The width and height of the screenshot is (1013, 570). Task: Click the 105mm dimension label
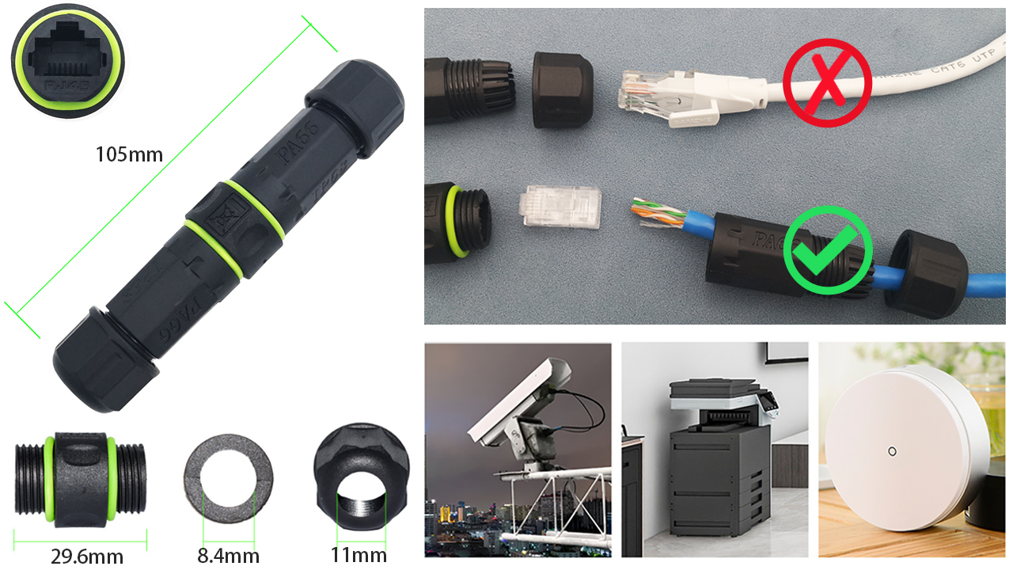129,154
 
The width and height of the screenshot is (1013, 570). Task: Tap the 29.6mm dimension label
87,555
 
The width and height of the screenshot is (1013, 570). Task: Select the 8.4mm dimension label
228,555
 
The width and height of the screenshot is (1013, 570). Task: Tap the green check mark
827,249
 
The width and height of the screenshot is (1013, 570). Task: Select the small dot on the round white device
892,452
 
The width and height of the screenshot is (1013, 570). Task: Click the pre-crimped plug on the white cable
673,97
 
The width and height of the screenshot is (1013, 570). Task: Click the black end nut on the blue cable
926,272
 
